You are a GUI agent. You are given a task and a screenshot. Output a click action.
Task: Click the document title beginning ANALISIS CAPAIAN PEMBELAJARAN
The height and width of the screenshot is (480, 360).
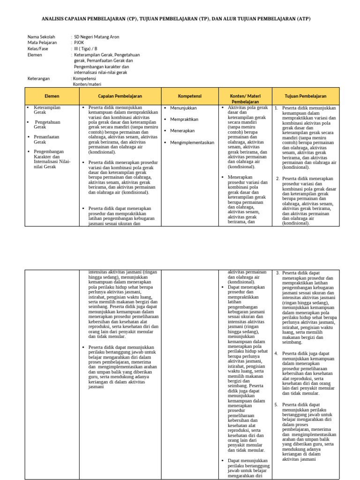click(x=176, y=18)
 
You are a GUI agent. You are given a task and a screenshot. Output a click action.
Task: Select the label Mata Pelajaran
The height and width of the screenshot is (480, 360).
click(x=42, y=42)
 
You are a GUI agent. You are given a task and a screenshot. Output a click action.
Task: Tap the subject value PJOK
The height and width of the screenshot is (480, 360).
click(x=79, y=42)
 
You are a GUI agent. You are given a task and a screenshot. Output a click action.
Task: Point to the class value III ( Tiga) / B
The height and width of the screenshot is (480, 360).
click(x=86, y=48)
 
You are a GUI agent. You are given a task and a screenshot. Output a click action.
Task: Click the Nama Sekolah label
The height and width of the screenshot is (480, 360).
click(x=41, y=37)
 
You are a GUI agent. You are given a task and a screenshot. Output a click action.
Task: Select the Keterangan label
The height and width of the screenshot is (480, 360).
click(x=39, y=78)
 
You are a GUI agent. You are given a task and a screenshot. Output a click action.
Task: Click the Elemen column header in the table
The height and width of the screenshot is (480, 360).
click(x=52, y=96)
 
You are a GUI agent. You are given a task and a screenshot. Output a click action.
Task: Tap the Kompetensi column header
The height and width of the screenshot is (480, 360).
click(x=189, y=96)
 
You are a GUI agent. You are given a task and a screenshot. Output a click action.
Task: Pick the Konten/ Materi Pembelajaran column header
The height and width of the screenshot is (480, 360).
click(x=245, y=98)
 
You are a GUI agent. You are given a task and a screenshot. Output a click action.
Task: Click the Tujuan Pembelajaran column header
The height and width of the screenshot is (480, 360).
click(x=305, y=96)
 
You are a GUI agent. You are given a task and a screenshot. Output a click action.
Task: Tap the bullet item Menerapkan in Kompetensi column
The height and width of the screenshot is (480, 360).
click(x=183, y=131)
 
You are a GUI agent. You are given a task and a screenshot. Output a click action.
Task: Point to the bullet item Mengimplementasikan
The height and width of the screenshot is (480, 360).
click(x=192, y=142)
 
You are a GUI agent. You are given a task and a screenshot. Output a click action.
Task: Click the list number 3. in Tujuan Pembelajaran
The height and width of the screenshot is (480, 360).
click(x=277, y=273)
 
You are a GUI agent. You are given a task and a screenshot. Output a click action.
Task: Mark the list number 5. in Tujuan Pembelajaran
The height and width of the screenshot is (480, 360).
click(x=277, y=404)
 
